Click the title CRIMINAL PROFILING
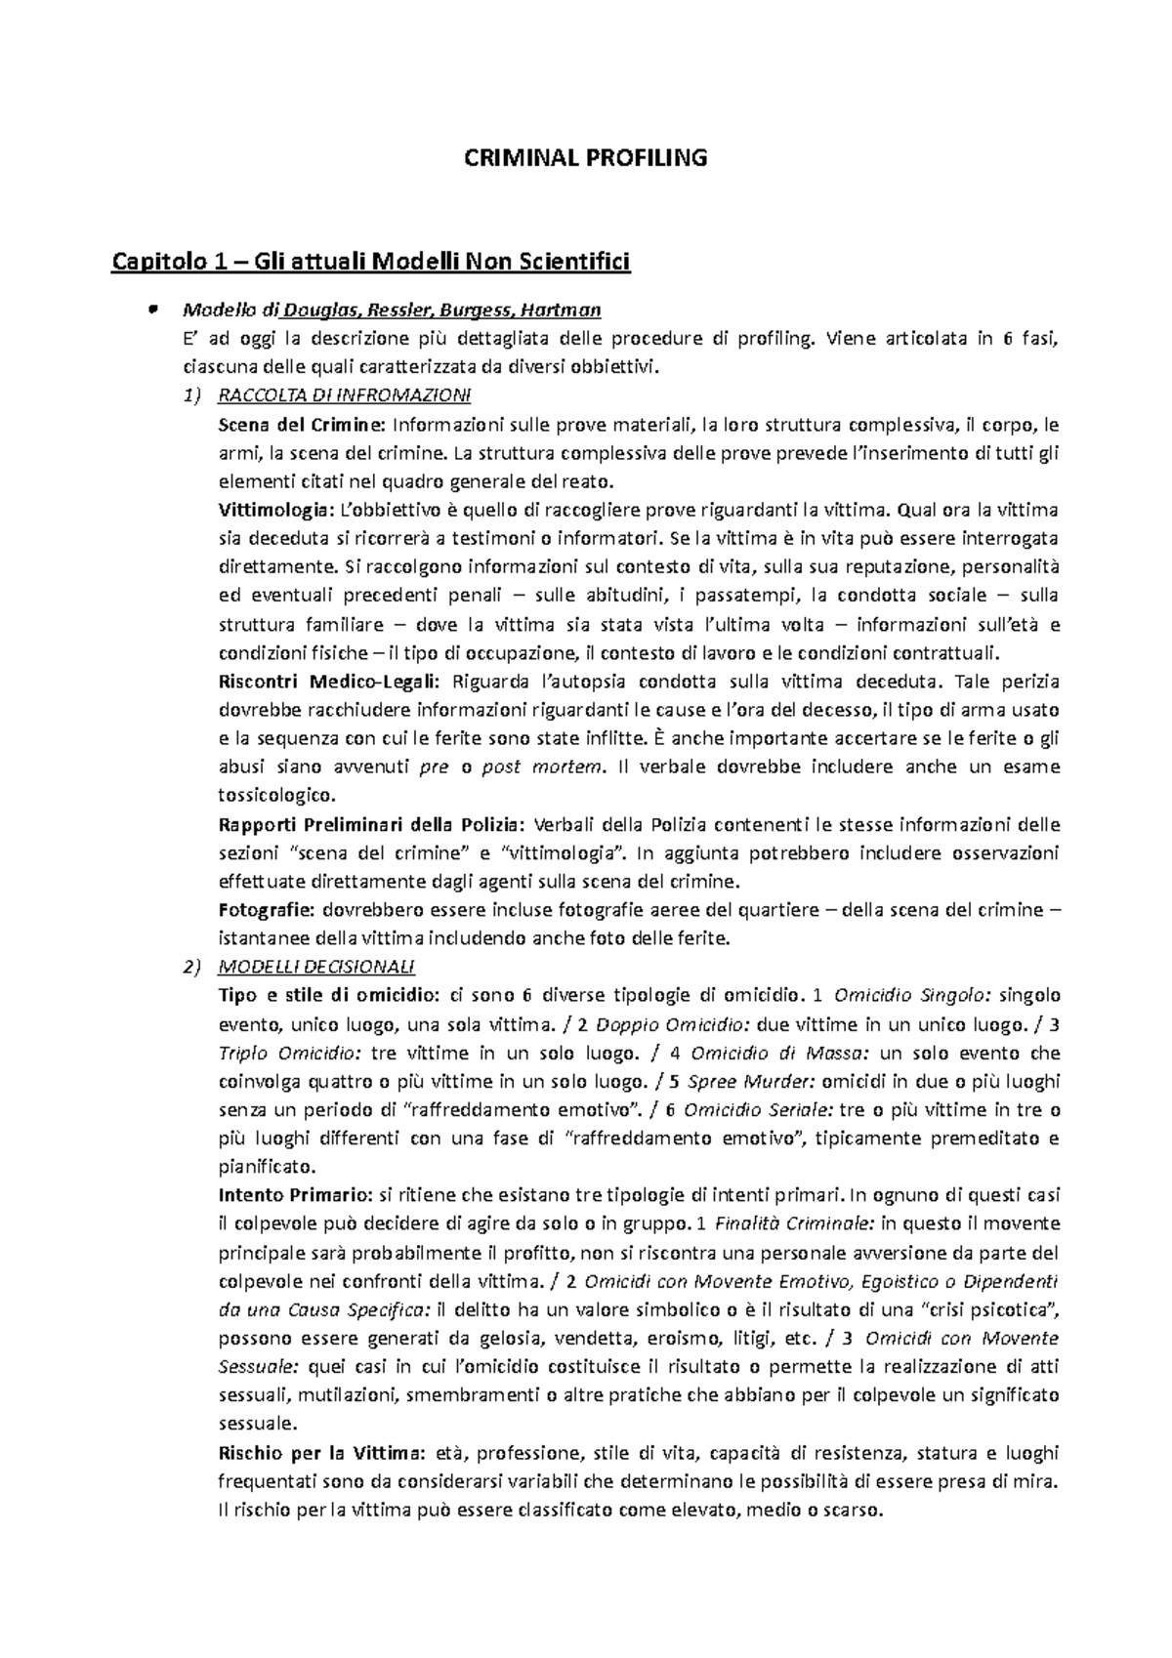(585, 158)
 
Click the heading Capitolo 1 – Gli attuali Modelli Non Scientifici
(372, 262)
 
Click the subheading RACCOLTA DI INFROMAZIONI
(345, 396)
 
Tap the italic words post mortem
(542, 767)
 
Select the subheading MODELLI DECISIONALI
(317, 967)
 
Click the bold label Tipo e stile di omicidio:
(328, 995)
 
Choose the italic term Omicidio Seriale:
(759, 1109)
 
